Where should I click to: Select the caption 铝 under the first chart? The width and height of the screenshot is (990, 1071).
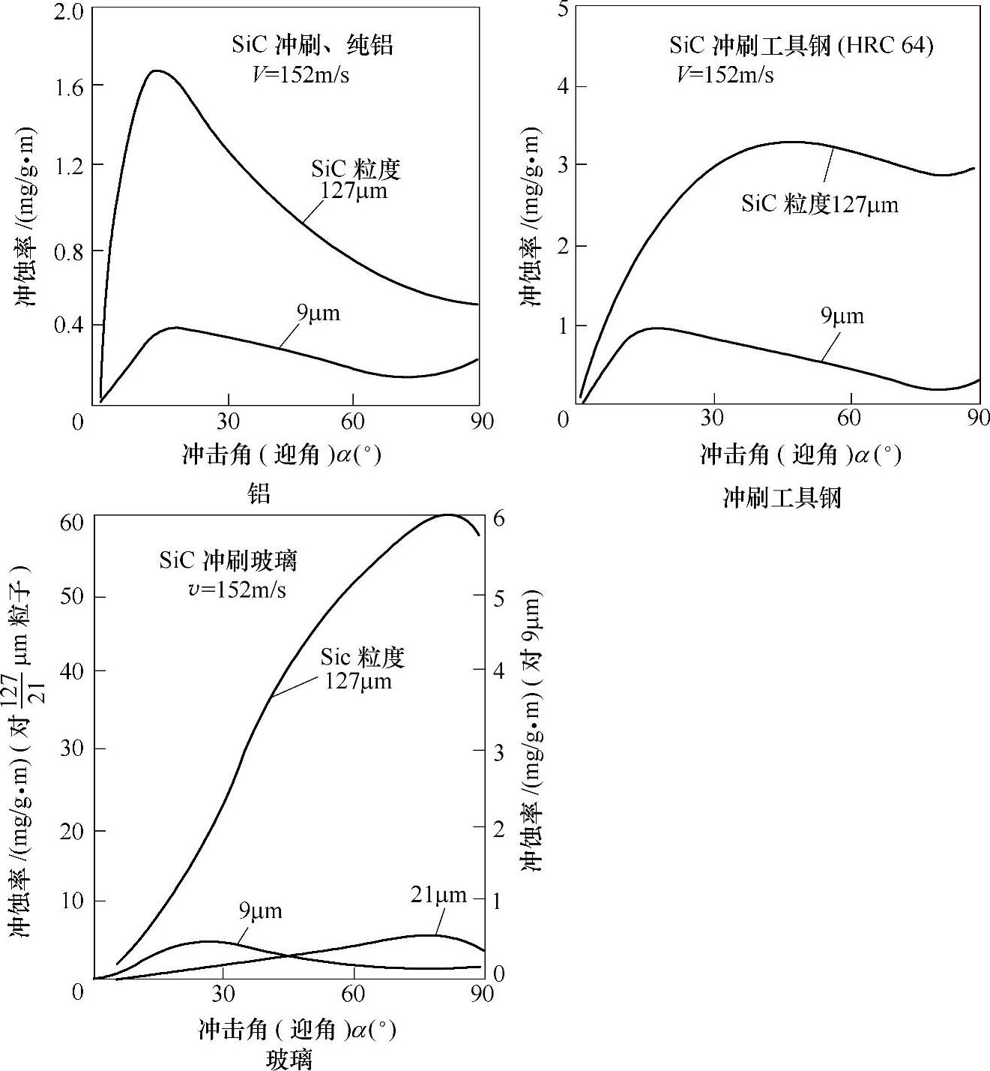(259, 493)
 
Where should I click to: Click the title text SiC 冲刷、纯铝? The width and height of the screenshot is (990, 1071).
(312, 45)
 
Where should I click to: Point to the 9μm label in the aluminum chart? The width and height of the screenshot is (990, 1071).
(318, 313)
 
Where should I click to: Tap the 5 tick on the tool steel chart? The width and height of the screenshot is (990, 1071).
(564, 9)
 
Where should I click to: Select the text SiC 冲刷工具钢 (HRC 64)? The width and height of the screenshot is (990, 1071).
(801, 46)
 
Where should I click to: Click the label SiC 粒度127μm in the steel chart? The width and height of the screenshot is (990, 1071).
(819, 204)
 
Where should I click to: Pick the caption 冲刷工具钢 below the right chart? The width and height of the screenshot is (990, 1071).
(782, 497)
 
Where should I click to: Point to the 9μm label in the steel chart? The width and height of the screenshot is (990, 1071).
(842, 316)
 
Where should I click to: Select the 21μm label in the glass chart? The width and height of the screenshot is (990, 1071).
(438, 895)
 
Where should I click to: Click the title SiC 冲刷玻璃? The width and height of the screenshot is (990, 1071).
(229, 561)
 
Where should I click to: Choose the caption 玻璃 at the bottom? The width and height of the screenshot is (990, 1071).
(289, 1059)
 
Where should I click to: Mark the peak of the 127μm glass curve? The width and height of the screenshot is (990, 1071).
(448, 515)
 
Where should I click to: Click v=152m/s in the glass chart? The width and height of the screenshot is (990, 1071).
(237, 589)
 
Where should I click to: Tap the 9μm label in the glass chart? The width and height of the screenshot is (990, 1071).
(261, 911)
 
